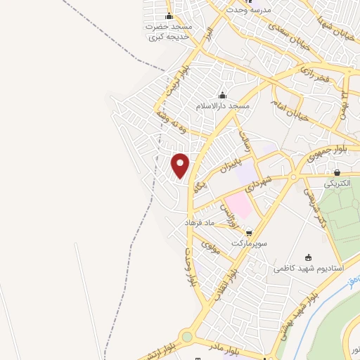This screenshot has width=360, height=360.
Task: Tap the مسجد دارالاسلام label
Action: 224,105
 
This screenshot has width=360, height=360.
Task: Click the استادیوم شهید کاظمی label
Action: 309,269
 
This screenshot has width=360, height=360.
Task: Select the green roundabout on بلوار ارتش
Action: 187,337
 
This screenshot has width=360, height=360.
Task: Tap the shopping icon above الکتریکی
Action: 337,172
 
